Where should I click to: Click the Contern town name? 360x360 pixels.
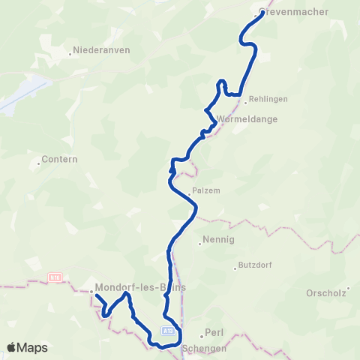click(55, 160)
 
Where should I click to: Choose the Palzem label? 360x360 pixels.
click(206, 190)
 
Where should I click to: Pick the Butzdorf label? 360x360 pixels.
click(255, 265)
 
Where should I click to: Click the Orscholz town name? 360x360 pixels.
click(327, 292)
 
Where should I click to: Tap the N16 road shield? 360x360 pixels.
click(54, 277)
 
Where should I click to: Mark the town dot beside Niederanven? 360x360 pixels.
click(70, 52)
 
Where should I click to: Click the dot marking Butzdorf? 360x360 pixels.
click(235, 266)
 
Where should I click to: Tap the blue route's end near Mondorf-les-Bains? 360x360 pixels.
click(97, 297)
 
